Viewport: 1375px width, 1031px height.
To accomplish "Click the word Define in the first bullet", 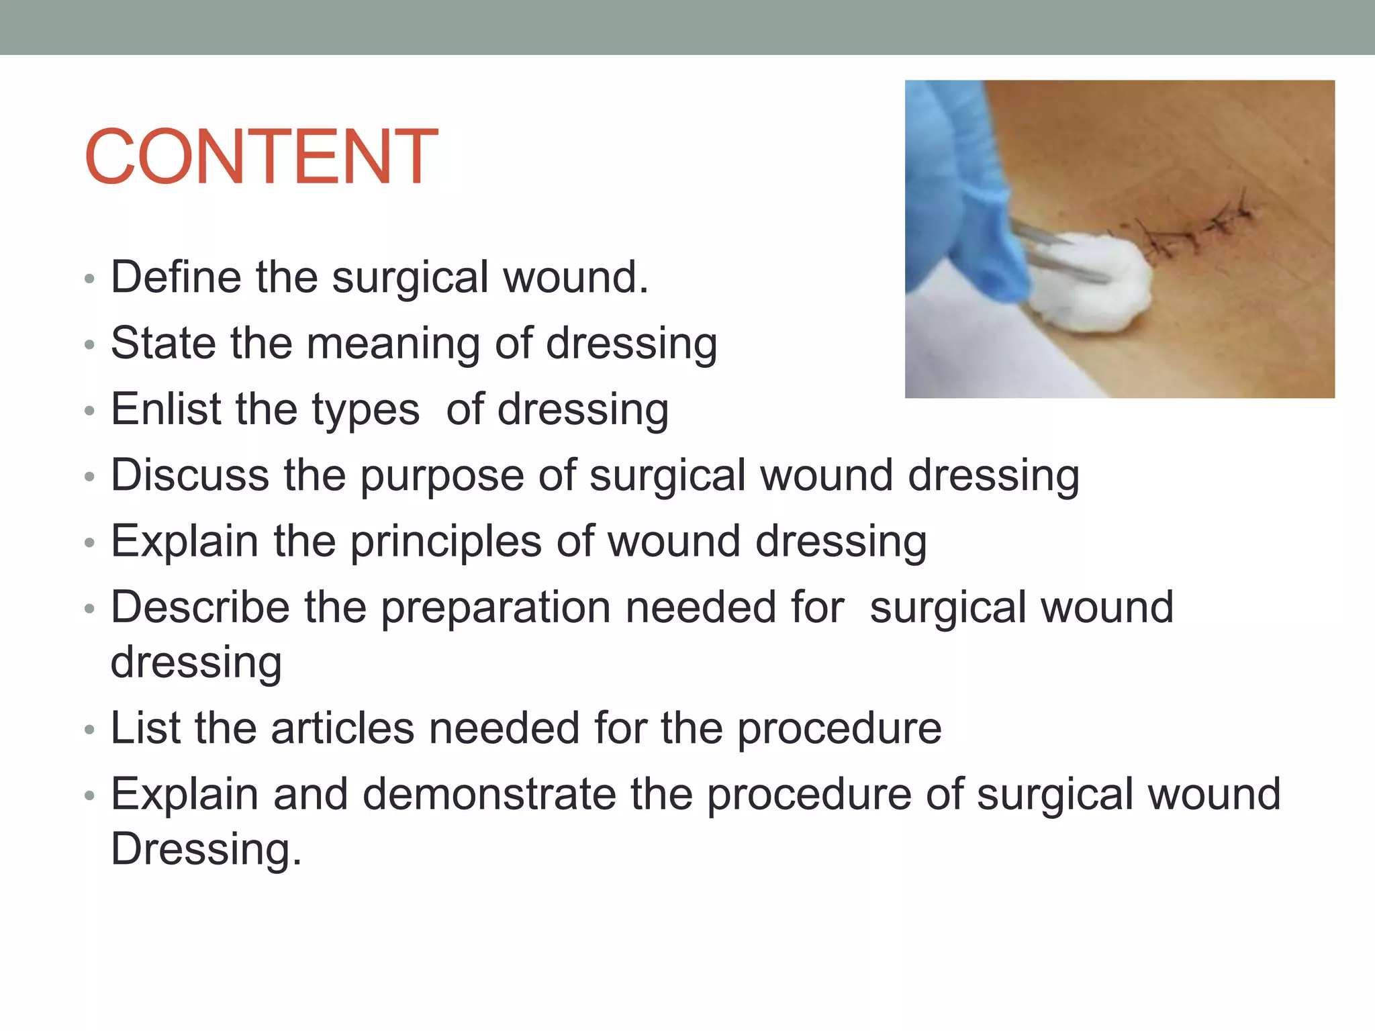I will pyautogui.click(x=176, y=277).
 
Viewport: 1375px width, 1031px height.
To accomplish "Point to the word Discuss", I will pyautogui.click(x=189, y=475).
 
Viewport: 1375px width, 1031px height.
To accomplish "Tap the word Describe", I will pyautogui.click(x=200, y=607).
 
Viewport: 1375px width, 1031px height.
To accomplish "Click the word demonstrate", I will pyautogui.click(x=489, y=794).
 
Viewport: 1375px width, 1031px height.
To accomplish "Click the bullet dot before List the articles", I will pyautogui.click(x=90, y=730).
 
